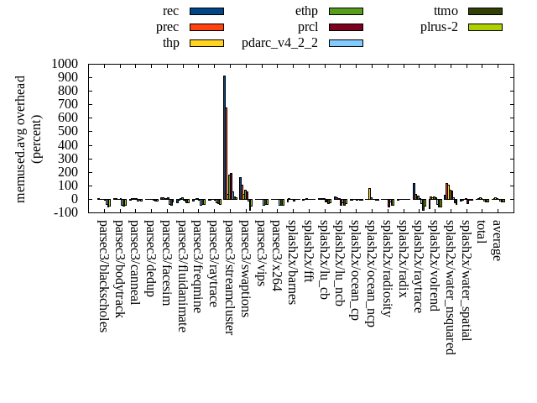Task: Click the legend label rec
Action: [x=170, y=11]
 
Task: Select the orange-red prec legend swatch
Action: [x=206, y=26]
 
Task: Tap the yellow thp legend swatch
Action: [x=206, y=42]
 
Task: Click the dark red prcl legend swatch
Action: [x=346, y=26]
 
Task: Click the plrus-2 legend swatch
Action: [x=485, y=26]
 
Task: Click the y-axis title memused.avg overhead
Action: [x=21, y=139]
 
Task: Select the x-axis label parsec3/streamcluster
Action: [x=228, y=277]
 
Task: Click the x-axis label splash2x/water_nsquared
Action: [x=449, y=286]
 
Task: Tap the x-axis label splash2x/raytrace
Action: [x=417, y=266]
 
